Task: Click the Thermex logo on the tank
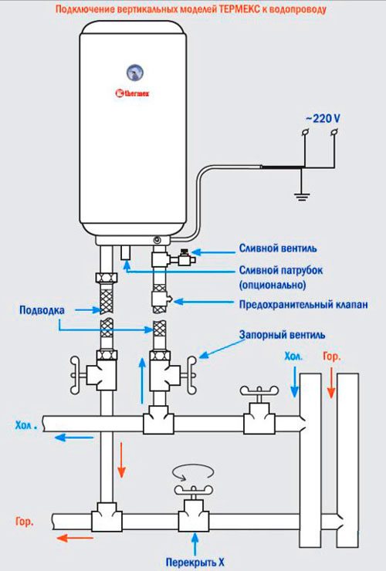133,95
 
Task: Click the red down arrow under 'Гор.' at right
331,385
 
